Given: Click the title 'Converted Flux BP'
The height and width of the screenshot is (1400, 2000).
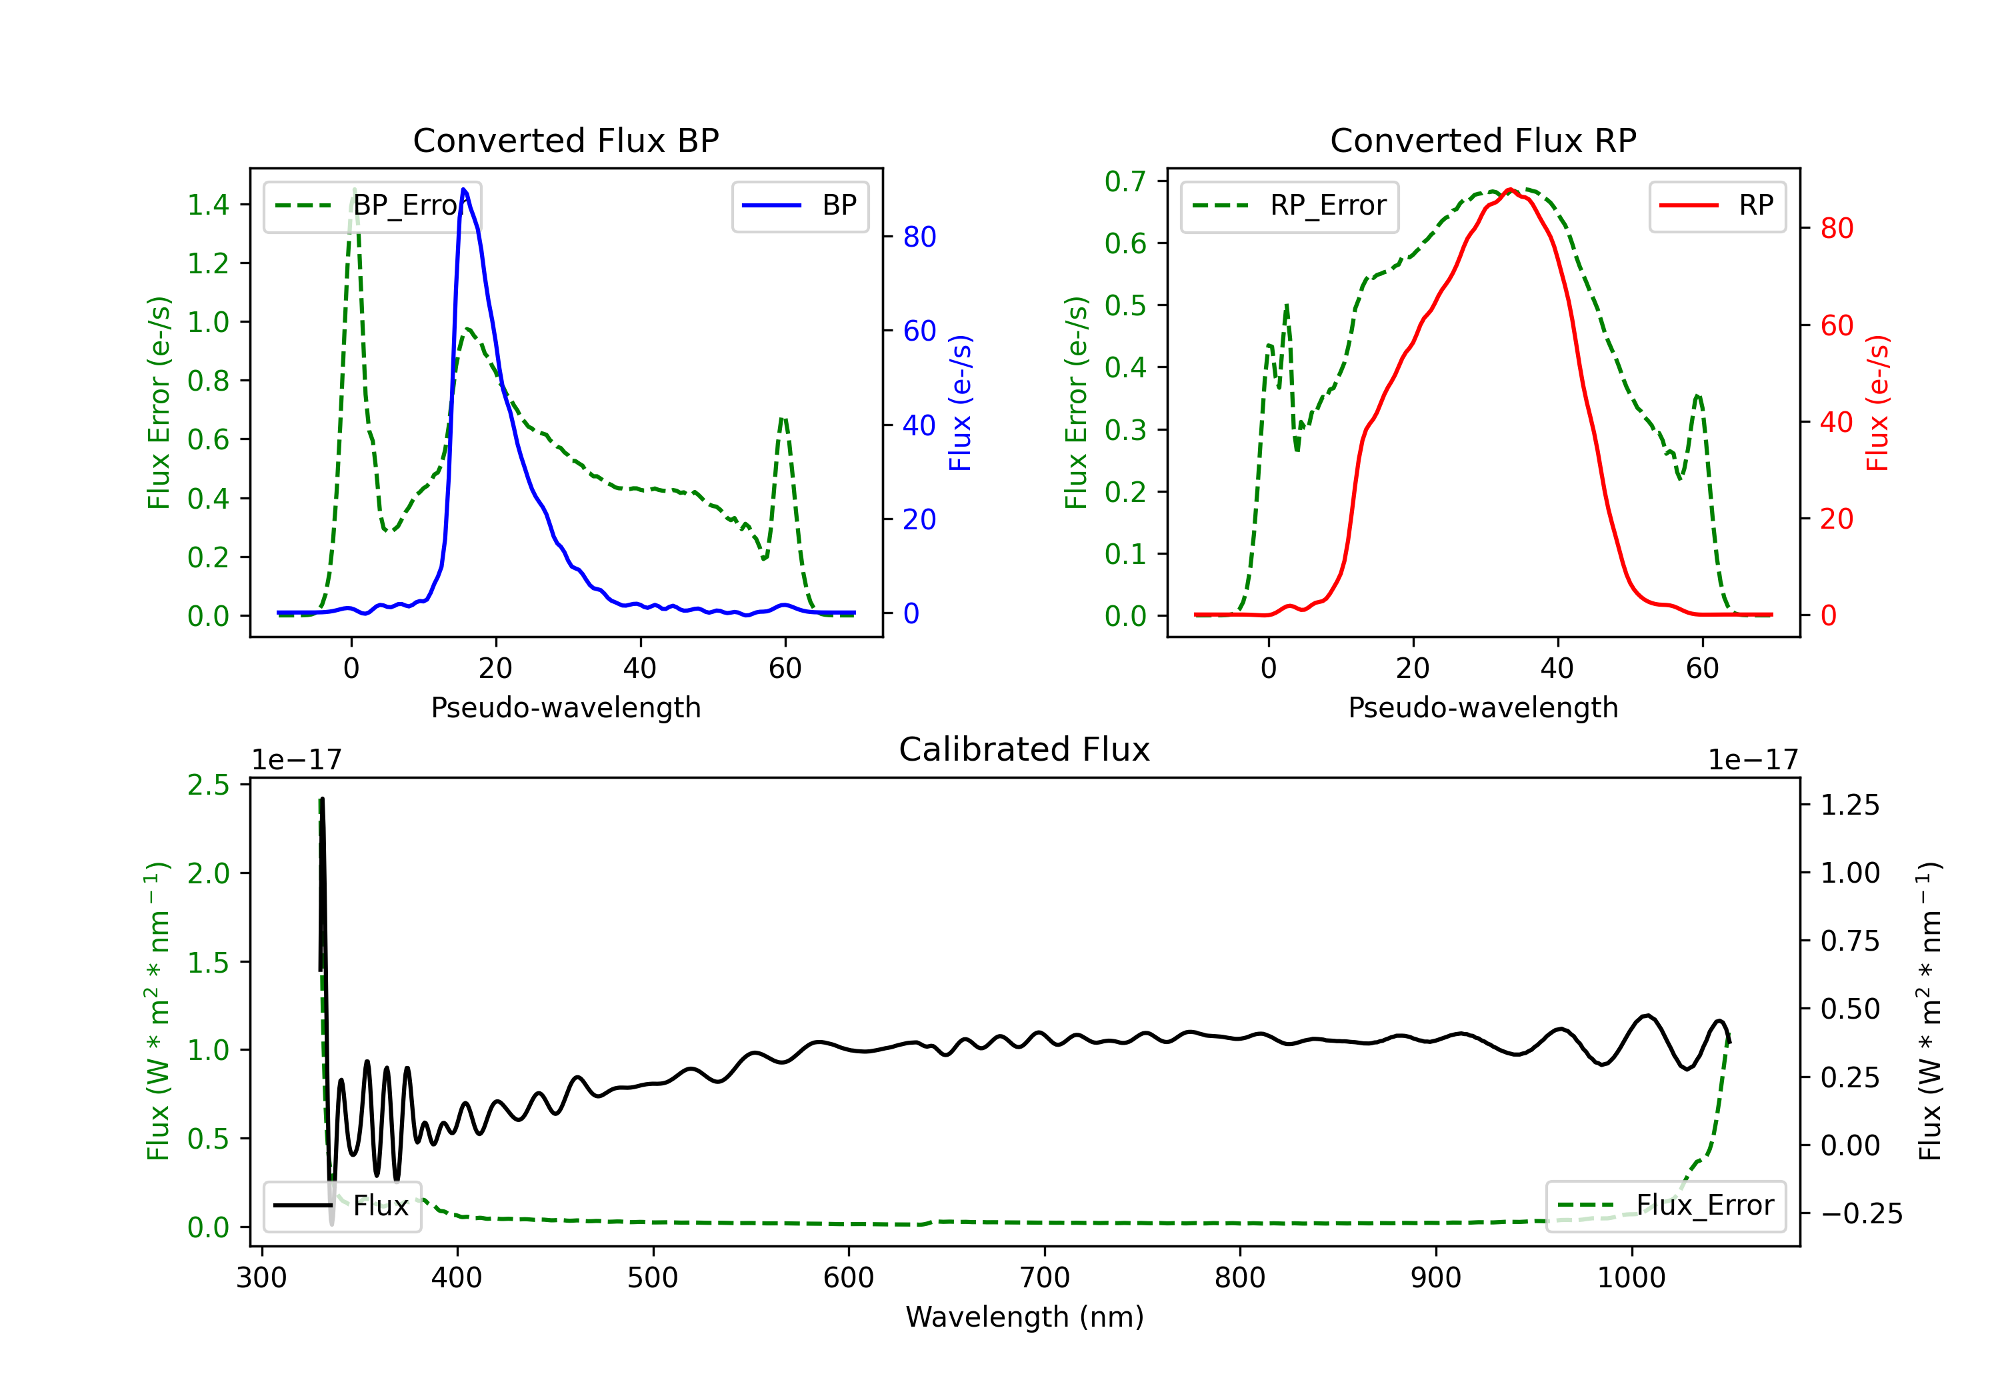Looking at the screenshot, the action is click(x=566, y=140).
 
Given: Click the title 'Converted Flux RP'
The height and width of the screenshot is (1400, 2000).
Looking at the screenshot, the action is click(x=1483, y=140).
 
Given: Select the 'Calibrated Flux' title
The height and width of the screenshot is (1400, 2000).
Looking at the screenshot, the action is click(x=1025, y=749).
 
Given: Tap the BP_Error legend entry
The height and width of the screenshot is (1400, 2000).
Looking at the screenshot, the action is click(x=372, y=205).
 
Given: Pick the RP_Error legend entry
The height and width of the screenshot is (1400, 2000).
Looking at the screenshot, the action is click(x=1289, y=205).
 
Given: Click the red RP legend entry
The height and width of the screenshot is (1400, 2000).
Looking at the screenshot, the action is click(x=1717, y=205).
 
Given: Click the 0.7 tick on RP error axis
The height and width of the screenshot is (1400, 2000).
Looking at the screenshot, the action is click(x=1125, y=181).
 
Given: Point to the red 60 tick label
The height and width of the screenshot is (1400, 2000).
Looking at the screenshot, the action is click(x=1837, y=326).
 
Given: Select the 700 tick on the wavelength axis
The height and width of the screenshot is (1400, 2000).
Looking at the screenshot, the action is click(x=1045, y=1277).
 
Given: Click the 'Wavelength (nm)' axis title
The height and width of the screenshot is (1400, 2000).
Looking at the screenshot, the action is click(x=1025, y=1317).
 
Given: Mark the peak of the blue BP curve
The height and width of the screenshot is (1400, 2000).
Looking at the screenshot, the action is click(x=463, y=189).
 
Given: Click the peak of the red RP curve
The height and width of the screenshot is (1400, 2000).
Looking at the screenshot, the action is click(x=1511, y=189).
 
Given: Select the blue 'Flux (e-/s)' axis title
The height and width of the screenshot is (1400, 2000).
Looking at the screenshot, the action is click(x=960, y=403).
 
